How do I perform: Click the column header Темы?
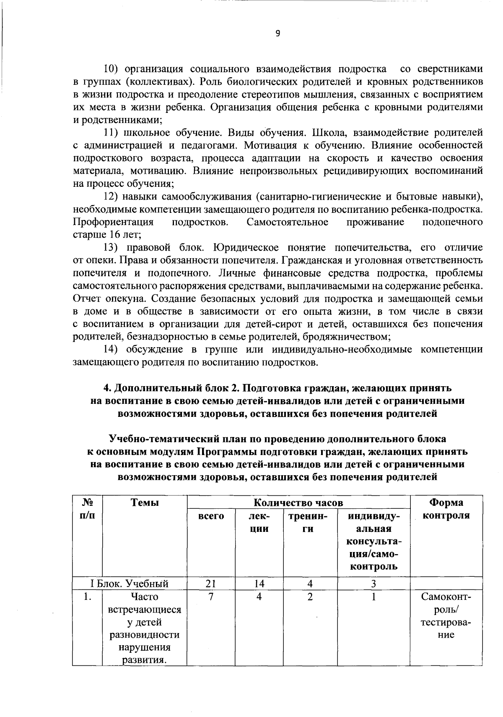pos(145,502)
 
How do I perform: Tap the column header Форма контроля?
pos(446,509)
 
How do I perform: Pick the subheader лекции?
pos(259,522)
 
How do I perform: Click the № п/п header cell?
pos(87,509)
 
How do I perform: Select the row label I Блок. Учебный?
pos(130,584)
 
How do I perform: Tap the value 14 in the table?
pos(259,584)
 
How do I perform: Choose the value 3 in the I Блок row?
pos(373,584)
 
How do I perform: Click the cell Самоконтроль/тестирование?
pos(446,615)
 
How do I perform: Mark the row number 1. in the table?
pos(87,597)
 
